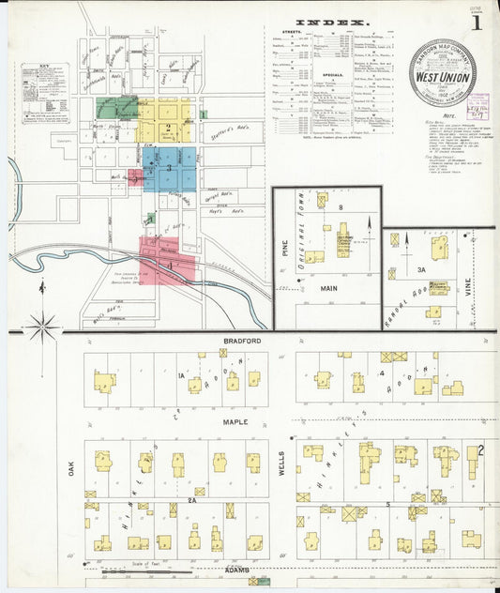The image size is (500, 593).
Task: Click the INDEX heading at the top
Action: (333, 21)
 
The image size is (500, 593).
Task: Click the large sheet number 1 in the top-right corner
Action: (478, 20)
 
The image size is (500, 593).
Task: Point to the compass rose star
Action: (42, 327)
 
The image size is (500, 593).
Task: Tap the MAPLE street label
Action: (235, 422)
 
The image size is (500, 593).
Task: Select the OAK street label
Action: (70, 467)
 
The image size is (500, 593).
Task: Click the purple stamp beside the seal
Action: (478, 105)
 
